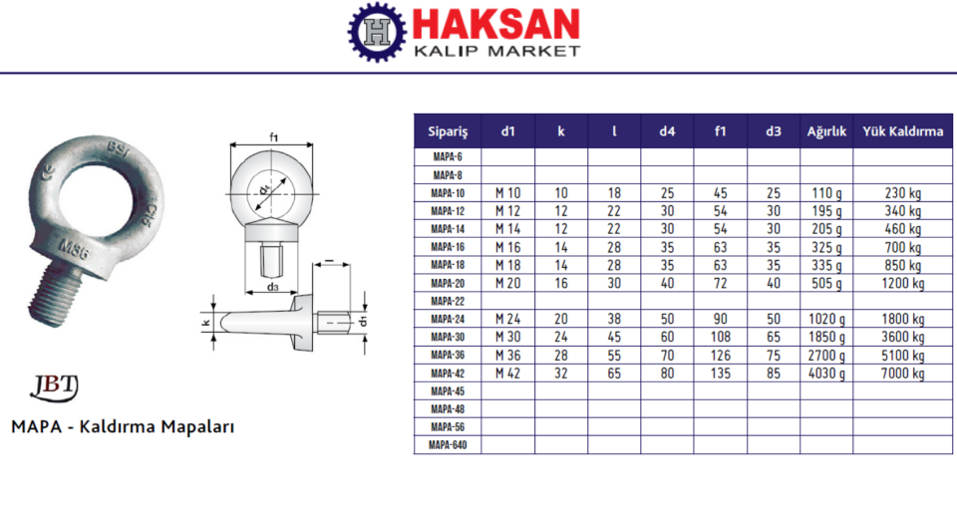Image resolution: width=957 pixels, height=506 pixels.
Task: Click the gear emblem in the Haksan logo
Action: [x=377, y=32]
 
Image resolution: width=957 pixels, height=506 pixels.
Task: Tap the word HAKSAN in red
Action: [x=495, y=25]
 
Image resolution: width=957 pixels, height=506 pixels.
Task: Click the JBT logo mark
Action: [x=54, y=387]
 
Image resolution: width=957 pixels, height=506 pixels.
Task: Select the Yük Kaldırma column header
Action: [x=903, y=131]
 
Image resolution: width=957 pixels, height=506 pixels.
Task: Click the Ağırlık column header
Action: [x=826, y=131]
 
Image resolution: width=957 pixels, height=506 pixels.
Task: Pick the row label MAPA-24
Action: [x=448, y=319]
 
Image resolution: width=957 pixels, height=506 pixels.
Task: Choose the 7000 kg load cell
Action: [x=903, y=374]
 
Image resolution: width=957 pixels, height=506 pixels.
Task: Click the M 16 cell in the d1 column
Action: [x=507, y=247]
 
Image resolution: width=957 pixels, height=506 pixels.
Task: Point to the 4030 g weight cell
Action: [x=826, y=374]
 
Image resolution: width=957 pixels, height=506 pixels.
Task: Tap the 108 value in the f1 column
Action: [x=720, y=337]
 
